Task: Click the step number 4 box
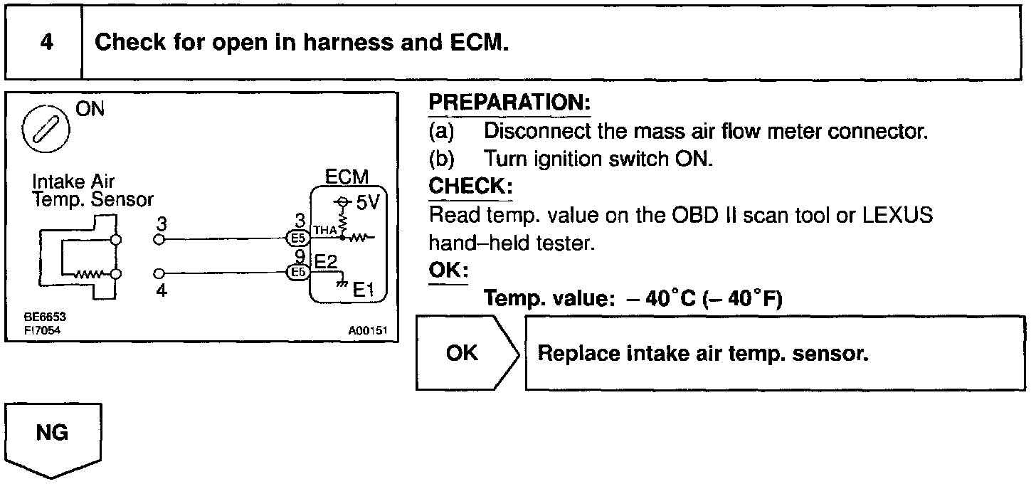(45, 43)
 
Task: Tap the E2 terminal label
(325, 263)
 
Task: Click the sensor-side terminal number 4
(162, 290)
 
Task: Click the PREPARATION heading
(509, 103)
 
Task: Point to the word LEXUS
(897, 215)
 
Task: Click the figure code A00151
(367, 331)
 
